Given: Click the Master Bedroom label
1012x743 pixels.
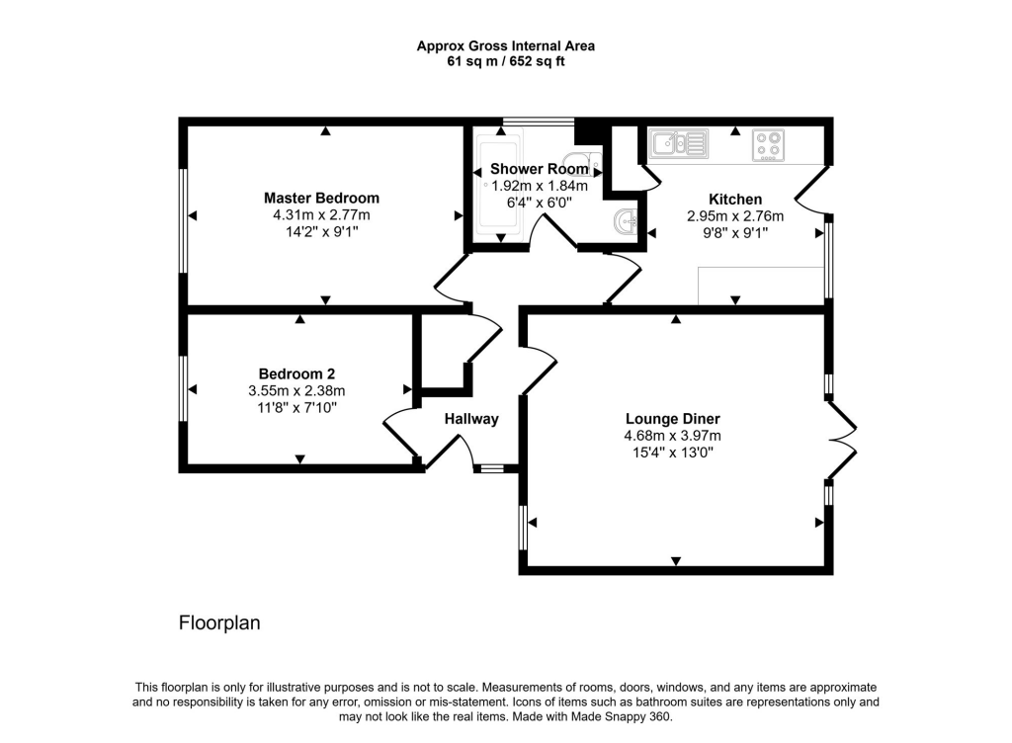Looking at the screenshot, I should tap(321, 198).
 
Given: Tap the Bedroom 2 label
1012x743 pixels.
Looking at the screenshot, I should tap(296, 373).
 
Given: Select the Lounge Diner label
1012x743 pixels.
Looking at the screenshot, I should tap(672, 418).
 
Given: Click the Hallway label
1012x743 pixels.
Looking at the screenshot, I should tap(471, 419).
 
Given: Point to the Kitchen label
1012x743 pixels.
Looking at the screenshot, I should tap(734, 199).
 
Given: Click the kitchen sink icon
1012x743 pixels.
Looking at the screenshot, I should tap(678, 144).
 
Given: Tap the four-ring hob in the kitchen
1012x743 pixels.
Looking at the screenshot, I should tap(768, 145).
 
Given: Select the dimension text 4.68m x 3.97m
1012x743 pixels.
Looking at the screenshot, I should tap(672, 436).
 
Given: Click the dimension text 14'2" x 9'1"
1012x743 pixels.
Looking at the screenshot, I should tap(321, 232).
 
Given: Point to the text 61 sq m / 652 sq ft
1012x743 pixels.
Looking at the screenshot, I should tap(505, 61).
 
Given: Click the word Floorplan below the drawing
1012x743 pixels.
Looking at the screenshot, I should tap(218, 623).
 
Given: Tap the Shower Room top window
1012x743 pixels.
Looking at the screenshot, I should tap(538, 122).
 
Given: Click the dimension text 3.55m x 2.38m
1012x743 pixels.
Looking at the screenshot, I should tap(296, 390).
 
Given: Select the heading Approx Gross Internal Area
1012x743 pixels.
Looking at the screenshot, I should tap(505, 45).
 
